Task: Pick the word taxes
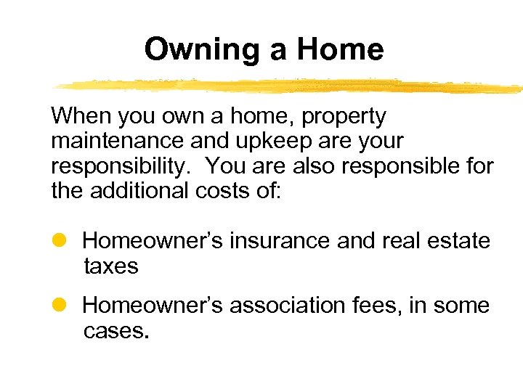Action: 110,266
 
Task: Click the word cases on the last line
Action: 115,332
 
